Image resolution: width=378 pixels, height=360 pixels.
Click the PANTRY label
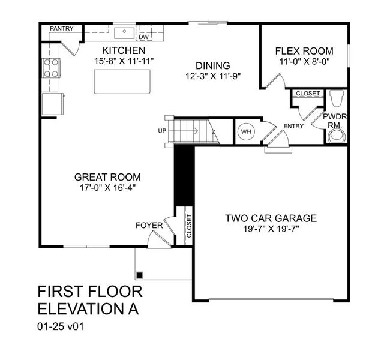[62, 28]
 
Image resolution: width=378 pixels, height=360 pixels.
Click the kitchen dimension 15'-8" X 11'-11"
[123, 61]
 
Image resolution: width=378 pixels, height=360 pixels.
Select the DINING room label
[213, 65]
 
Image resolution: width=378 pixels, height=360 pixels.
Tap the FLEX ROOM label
[304, 51]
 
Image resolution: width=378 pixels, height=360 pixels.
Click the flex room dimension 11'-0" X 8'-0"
[304, 62]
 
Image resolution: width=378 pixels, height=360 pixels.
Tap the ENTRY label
[293, 126]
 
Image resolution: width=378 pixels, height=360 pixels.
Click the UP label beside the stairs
[161, 130]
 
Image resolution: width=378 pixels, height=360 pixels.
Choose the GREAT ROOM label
[107, 177]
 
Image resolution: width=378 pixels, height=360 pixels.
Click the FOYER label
[149, 226]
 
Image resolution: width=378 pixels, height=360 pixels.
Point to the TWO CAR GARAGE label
[271, 218]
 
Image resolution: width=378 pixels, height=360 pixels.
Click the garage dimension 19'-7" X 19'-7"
[271, 229]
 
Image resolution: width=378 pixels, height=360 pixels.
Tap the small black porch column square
[140, 275]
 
